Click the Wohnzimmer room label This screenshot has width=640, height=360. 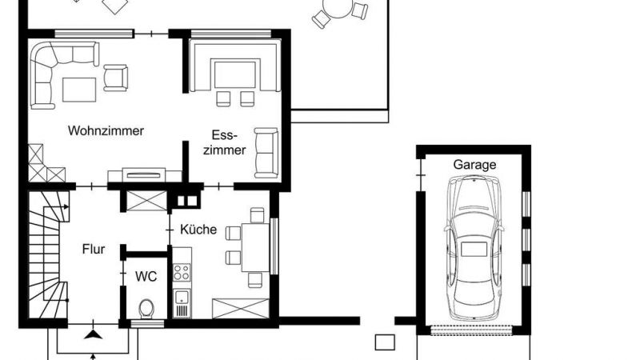click(x=106, y=131)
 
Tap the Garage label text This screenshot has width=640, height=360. click(x=474, y=165)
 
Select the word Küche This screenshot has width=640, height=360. click(x=198, y=229)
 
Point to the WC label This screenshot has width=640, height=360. click(x=146, y=276)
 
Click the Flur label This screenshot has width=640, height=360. click(x=94, y=249)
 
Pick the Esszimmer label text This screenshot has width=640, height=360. click(x=225, y=142)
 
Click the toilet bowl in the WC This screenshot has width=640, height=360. click(x=146, y=309)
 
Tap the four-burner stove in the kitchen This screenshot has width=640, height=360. click(x=182, y=272)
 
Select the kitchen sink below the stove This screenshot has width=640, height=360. click(x=182, y=303)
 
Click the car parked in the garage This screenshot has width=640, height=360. click(x=474, y=248)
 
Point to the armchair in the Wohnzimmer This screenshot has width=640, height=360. click(x=115, y=78)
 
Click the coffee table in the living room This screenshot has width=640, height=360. click(x=79, y=90)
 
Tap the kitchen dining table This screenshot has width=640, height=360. click(x=255, y=247)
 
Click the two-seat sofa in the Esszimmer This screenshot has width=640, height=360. click(x=266, y=153)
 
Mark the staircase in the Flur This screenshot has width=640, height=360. click(x=47, y=255)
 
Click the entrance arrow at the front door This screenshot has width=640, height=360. click(x=94, y=334)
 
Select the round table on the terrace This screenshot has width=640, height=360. click(x=337, y=8)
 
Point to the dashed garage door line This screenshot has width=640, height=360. click(x=472, y=330)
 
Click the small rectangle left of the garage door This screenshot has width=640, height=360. click(x=385, y=342)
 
